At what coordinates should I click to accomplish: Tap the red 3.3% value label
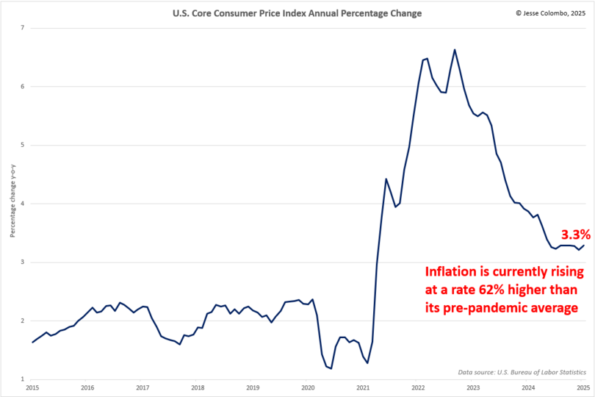click(x=575, y=235)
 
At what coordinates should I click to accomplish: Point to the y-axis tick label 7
click(x=23, y=28)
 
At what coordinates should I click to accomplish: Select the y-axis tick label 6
click(x=23, y=87)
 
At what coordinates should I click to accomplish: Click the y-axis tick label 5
click(x=23, y=145)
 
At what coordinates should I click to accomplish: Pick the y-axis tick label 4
click(x=23, y=204)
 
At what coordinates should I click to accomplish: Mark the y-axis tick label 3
click(x=23, y=262)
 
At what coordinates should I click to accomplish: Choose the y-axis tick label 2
click(x=23, y=321)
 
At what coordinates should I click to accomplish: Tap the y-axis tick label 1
click(x=23, y=379)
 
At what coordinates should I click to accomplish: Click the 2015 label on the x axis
click(x=32, y=387)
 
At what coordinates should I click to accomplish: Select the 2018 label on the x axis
click(x=198, y=387)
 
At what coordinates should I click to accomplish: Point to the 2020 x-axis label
click(x=308, y=387)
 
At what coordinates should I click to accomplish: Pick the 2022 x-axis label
click(x=418, y=387)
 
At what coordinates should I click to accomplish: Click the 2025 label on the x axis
click(x=583, y=387)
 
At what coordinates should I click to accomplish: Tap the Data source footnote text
click(x=526, y=373)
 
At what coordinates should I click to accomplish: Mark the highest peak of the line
click(x=455, y=49)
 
